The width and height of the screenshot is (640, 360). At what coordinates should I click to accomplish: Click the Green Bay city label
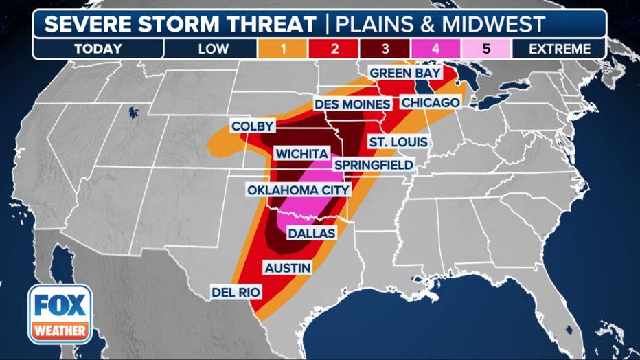405,72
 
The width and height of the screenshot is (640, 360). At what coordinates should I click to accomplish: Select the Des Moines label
353,104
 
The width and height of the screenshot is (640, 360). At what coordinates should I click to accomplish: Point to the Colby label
253,126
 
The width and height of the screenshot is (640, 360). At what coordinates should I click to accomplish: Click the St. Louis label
398,142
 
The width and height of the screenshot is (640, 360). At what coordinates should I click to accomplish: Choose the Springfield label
374,165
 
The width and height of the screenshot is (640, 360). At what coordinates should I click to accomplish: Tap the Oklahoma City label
298,190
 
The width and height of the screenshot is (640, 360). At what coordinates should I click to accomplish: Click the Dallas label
311,234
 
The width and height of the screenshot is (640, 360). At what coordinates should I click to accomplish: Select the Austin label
287,267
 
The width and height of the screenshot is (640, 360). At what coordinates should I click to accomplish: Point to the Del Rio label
236,293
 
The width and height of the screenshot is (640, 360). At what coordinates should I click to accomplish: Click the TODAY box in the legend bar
98,49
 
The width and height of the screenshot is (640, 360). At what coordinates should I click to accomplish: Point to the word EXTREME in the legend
560,49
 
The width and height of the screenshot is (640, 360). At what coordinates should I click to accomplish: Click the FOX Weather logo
60,314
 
